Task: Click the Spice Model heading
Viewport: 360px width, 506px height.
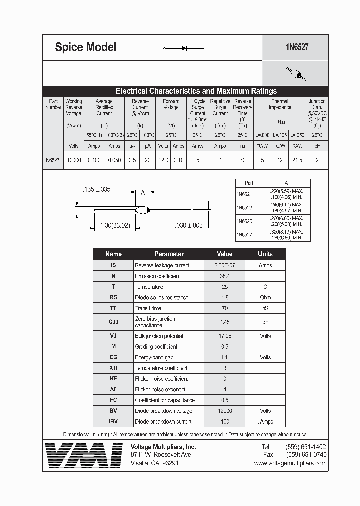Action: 85,47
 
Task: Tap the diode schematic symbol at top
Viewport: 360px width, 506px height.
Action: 184,48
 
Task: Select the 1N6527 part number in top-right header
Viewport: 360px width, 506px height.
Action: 296,47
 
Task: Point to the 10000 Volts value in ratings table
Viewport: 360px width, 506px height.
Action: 74,160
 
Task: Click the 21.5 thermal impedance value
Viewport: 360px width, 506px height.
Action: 297,160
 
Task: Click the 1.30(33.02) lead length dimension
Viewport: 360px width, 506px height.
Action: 115,225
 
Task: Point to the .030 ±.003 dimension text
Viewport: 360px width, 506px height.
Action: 189,225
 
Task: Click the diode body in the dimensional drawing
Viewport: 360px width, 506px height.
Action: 143,210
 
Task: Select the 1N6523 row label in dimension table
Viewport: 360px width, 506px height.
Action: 244,207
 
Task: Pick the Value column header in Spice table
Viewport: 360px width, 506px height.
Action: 224,254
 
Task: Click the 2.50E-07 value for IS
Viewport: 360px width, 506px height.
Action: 224,265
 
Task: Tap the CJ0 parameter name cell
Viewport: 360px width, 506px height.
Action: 113,322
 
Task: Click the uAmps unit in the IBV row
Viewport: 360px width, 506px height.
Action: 265,421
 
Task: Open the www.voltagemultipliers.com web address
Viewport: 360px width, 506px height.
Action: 290,463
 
